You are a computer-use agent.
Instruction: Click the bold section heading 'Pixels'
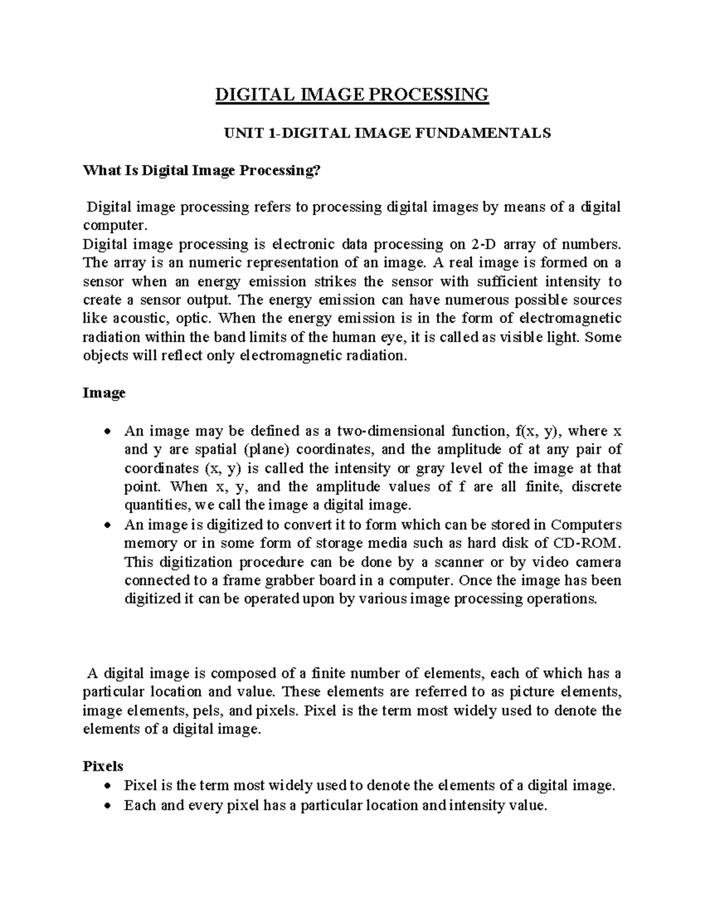point(103,766)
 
